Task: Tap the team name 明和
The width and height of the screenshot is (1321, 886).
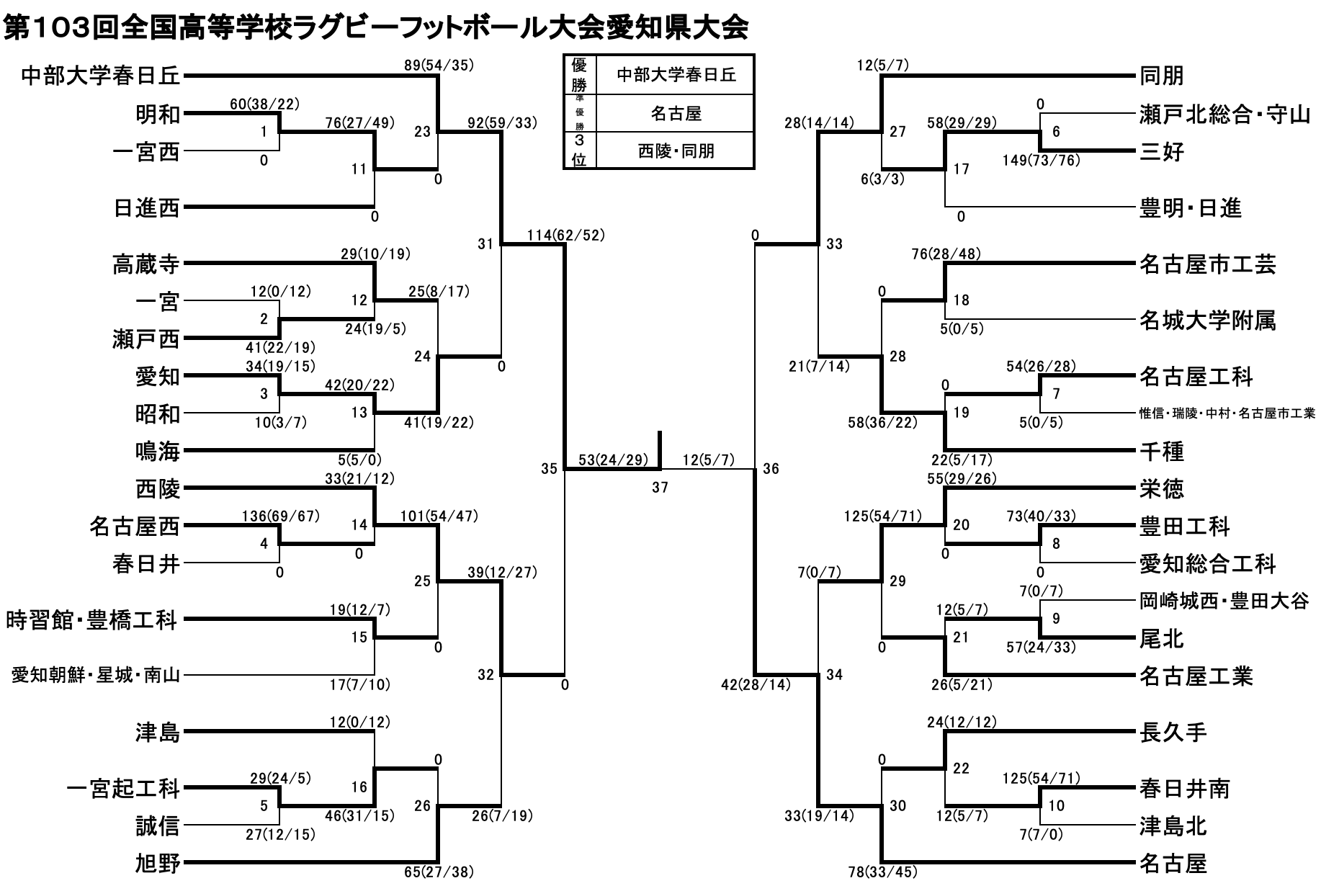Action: pyautogui.click(x=158, y=114)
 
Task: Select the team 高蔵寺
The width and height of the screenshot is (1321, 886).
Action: pyautogui.click(x=145, y=264)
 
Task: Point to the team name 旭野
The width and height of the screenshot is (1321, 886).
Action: pyautogui.click(x=158, y=863)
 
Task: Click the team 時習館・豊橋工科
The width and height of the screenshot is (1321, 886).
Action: pyautogui.click(x=91, y=620)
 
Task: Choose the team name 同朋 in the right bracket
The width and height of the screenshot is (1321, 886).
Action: pyautogui.click(x=1162, y=76)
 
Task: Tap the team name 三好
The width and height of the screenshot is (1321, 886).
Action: pyautogui.click(x=1162, y=152)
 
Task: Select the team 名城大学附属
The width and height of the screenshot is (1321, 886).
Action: pyautogui.click(x=1207, y=321)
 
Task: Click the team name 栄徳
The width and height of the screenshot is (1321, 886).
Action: pyautogui.click(x=1162, y=489)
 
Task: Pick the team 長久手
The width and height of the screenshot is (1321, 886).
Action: pyautogui.click(x=1173, y=733)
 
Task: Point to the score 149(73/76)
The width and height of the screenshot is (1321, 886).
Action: pyautogui.click(x=1041, y=161)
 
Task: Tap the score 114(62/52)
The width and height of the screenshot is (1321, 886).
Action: pyautogui.click(x=565, y=235)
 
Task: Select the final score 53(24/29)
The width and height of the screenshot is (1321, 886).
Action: pyautogui.click(x=612, y=460)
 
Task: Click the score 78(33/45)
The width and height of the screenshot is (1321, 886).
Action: pyautogui.click(x=882, y=872)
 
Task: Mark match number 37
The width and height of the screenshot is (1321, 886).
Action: pyautogui.click(x=660, y=488)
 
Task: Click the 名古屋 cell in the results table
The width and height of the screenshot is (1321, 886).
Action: pyautogui.click(x=676, y=113)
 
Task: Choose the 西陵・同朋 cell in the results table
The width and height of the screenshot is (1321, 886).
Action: pyautogui.click(x=676, y=151)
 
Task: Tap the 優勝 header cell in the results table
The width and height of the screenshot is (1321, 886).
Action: pyautogui.click(x=579, y=74)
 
